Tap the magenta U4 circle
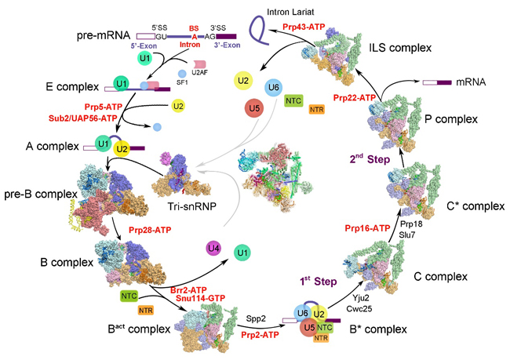coord(213,249)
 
